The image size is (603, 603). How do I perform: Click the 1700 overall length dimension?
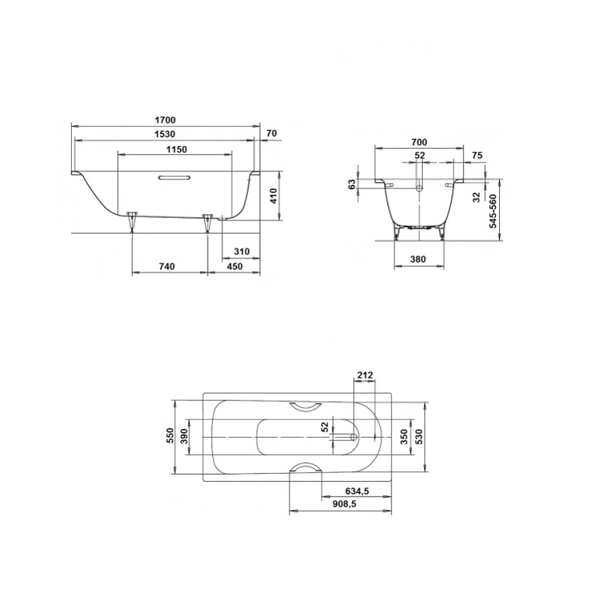pyautogui.click(x=165, y=120)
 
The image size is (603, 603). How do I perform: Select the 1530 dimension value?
pyautogui.click(x=165, y=135)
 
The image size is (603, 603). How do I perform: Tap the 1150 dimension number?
pyautogui.click(x=176, y=149)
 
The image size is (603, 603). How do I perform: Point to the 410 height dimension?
pyautogui.click(x=272, y=196)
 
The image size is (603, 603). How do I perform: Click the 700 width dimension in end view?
pyautogui.click(x=419, y=142)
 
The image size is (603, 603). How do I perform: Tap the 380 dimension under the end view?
pyautogui.click(x=419, y=259)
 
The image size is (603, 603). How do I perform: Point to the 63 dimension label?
pyautogui.click(x=352, y=185)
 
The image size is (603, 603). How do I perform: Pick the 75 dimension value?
pyautogui.click(x=477, y=155)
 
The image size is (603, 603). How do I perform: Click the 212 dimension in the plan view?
pyautogui.click(x=365, y=375)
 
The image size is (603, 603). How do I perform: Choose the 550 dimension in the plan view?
pyautogui.click(x=170, y=436)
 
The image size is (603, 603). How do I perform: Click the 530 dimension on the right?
pyautogui.click(x=417, y=437)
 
